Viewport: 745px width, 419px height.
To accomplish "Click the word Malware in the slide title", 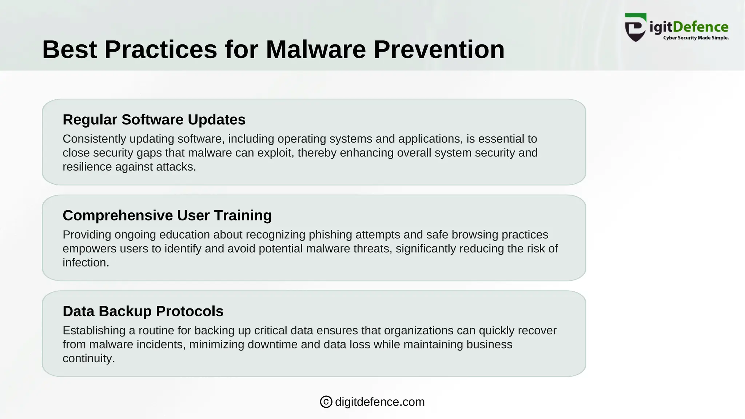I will coord(315,49).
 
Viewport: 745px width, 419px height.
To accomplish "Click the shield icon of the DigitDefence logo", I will coord(636,28).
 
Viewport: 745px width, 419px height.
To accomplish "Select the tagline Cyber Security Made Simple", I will coord(696,38).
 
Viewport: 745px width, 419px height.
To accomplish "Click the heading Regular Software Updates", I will coord(154,120).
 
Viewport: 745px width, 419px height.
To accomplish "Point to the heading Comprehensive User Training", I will coord(167,215).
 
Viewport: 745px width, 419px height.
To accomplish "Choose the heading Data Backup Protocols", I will coord(143,311).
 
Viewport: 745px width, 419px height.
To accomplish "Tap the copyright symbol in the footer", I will coord(326,402).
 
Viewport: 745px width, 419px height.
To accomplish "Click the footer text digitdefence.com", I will coord(379,402).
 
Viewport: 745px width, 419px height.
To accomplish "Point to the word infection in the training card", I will coord(85,263).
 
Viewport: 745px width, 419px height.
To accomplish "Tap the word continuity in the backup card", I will coord(88,359).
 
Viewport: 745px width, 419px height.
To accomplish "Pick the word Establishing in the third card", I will coord(94,331).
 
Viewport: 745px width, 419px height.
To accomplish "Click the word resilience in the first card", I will coord(87,167).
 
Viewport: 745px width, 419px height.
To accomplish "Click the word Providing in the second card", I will coord(87,235).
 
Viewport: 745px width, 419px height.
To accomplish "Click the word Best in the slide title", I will coord(69,49).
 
